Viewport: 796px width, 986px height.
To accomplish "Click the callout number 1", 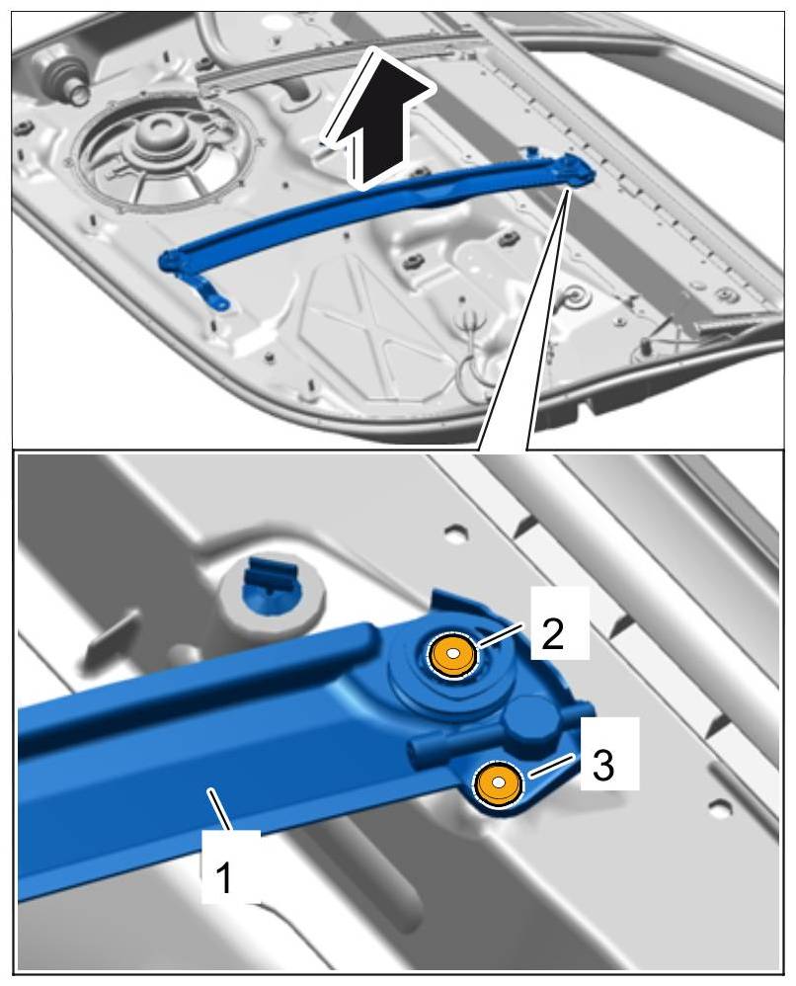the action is click(223, 878).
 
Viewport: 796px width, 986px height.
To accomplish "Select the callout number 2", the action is click(553, 634).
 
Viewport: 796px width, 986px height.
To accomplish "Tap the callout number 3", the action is click(603, 766).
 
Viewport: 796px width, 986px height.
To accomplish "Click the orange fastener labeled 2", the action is click(452, 656).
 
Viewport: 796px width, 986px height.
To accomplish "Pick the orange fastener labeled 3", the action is click(498, 783).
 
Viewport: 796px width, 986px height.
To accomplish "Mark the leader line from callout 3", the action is click(551, 766).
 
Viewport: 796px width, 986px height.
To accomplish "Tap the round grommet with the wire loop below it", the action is click(574, 294).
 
